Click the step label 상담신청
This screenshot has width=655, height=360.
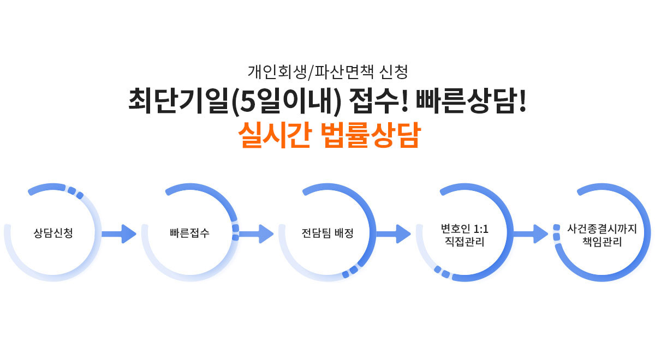coord(53,233)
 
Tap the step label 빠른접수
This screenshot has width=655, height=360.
coord(189,233)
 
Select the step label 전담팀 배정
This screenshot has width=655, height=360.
coord(327,233)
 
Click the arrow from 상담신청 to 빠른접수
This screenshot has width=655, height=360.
coord(119,234)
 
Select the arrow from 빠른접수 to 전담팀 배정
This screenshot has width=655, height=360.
coord(257,234)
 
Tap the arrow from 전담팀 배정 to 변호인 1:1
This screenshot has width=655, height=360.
coord(394,234)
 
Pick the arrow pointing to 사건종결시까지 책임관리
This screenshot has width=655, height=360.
coord(531,234)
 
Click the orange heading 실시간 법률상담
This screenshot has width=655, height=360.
coord(328,136)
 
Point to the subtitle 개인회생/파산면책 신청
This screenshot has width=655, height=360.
coord(327,71)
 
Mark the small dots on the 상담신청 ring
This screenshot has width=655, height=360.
coord(75,193)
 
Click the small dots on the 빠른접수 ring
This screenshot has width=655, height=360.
coord(235,232)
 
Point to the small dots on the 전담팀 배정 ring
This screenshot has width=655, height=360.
coord(350,271)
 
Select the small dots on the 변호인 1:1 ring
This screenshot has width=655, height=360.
coord(442,272)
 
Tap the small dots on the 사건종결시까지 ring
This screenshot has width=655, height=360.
coord(557,232)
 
